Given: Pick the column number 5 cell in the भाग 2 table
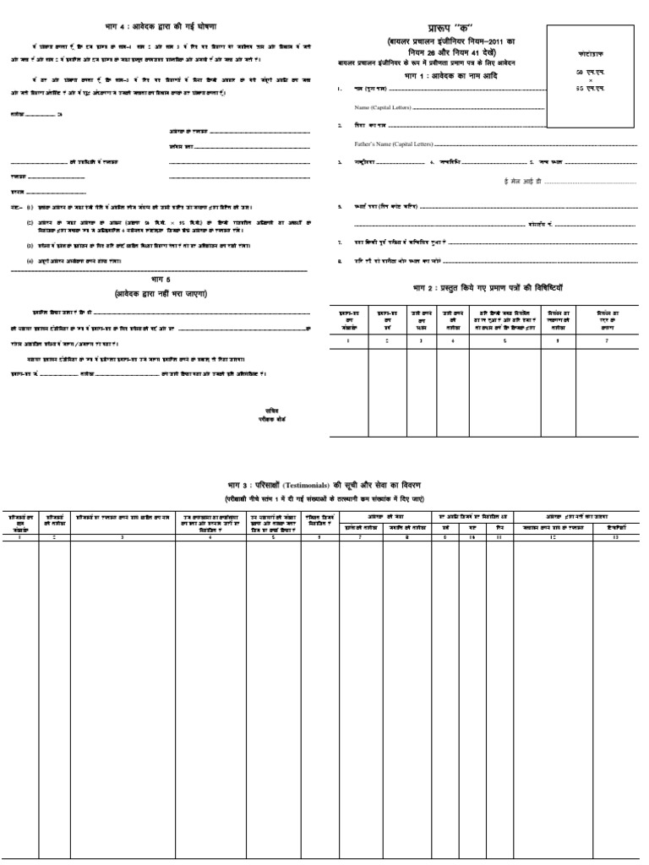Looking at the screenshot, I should pyautogui.click(x=504, y=340).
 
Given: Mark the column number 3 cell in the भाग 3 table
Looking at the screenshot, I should pyautogui.click(x=123, y=537).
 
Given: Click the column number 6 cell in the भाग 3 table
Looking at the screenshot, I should pyautogui.click(x=320, y=537).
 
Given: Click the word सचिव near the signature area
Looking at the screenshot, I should pyautogui.click(x=271, y=409).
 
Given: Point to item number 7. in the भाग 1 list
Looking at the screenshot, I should pyautogui.click(x=339, y=242).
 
